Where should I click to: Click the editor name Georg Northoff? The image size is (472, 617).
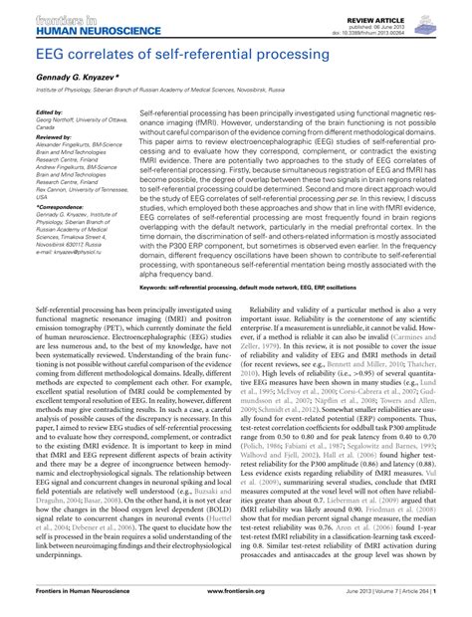click(58, 120)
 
